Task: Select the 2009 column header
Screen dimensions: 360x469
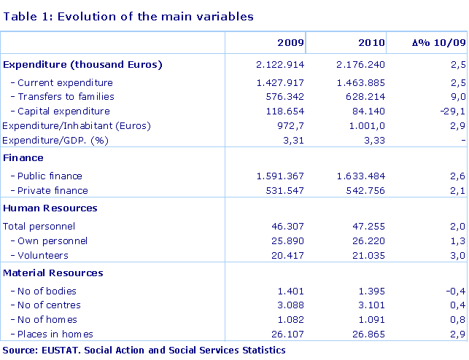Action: tap(290, 43)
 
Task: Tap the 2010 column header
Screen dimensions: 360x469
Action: tap(371, 43)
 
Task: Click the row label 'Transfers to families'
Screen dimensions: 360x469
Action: tap(66, 97)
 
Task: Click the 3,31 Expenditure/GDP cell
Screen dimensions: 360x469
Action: tap(292, 140)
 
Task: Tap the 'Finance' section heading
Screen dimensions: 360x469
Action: tap(23, 157)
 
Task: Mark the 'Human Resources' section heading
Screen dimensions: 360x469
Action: tap(50, 208)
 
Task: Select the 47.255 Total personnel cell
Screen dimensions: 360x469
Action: tap(367, 226)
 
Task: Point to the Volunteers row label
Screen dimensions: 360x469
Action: tap(43, 255)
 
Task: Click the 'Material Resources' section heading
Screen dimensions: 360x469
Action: tap(53, 273)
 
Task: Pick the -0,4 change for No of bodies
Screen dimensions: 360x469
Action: tap(454, 291)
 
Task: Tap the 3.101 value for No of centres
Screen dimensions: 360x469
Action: tap(370, 305)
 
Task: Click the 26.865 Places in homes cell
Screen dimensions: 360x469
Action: tap(367, 334)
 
